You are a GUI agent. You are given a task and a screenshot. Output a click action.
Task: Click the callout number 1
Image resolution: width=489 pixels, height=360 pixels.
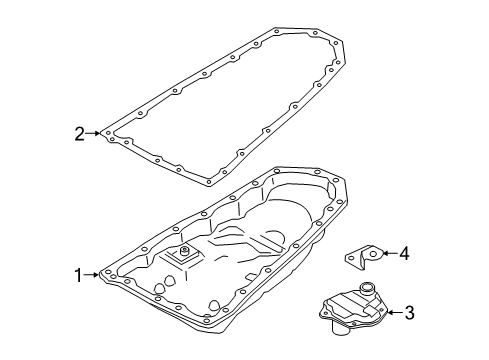[76, 273]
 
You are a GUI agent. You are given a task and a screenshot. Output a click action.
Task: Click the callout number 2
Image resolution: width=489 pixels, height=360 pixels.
[77, 131]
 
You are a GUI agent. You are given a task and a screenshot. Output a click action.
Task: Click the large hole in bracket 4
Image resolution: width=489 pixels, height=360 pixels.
[369, 256]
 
